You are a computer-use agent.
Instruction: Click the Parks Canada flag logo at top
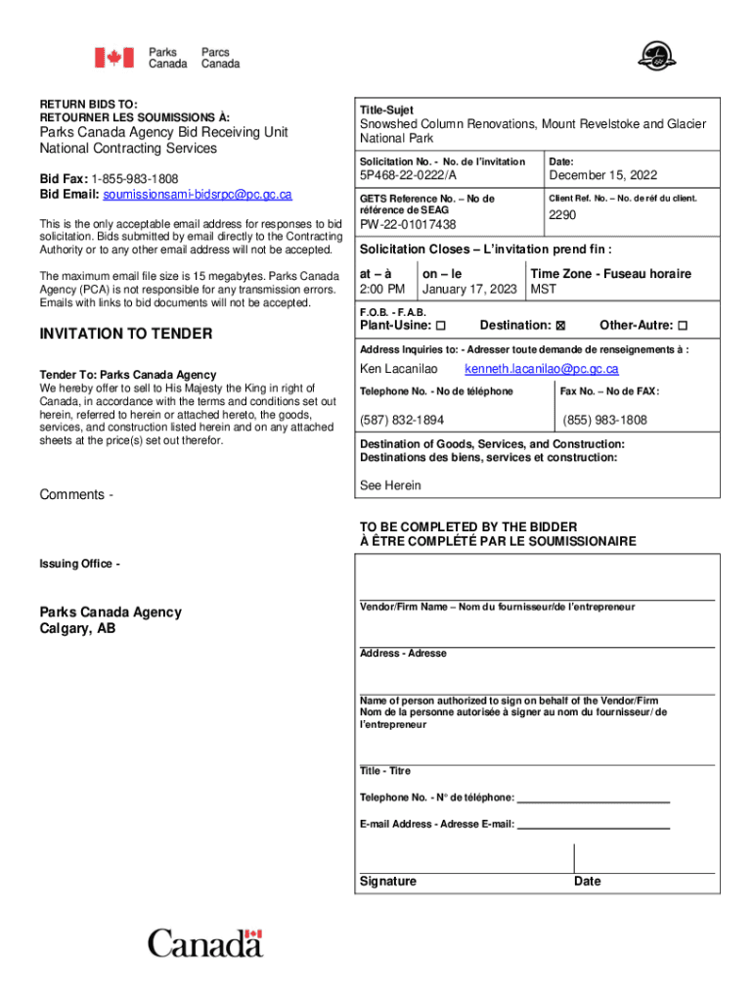click(x=114, y=58)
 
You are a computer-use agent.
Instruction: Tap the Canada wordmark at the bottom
click(x=205, y=943)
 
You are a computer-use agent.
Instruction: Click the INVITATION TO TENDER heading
click(x=125, y=334)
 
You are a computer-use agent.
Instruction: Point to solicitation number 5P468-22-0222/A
click(x=408, y=176)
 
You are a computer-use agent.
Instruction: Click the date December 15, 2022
click(x=603, y=176)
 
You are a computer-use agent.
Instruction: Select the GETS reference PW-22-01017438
click(x=408, y=224)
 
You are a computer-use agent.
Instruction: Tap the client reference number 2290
click(x=562, y=214)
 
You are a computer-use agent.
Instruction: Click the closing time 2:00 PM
click(x=382, y=290)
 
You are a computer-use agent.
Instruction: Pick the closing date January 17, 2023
click(x=469, y=290)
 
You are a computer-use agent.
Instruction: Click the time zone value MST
click(x=543, y=290)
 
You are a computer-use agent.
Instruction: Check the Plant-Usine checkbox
click(x=440, y=326)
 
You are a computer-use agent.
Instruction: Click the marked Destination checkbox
click(x=560, y=326)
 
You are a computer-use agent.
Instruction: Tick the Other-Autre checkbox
click(x=683, y=326)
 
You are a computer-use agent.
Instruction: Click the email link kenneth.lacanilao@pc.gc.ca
click(x=541, y=369)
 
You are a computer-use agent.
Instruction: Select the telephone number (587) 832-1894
click(x=402, y=420)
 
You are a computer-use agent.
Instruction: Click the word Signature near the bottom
click(x=388, y=882)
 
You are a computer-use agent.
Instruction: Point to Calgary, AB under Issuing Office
click(x=77, y=629)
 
